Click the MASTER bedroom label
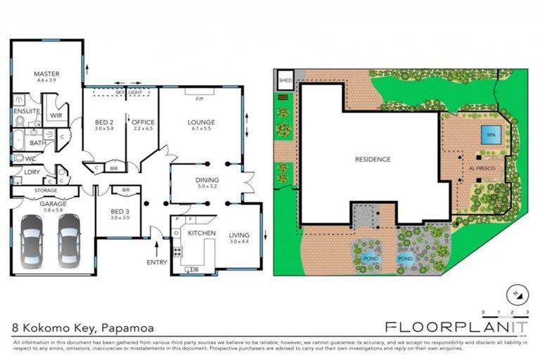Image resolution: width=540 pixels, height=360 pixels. click(46, 73)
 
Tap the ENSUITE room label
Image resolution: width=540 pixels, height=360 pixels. click(26, 111)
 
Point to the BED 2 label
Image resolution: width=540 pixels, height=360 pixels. click(104, 122)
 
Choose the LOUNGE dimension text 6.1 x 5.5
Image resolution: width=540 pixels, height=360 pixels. click(200, 129)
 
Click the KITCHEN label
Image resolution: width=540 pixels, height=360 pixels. click(200, 232)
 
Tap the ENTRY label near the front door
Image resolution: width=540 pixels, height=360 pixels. click(156, 262)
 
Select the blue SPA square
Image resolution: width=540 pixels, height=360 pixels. click(489, 135)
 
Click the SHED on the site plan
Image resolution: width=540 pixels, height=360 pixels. click(285, 81)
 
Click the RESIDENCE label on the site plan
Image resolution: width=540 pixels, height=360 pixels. click(372, 159)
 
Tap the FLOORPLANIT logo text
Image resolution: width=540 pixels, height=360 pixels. click(456, 326)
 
